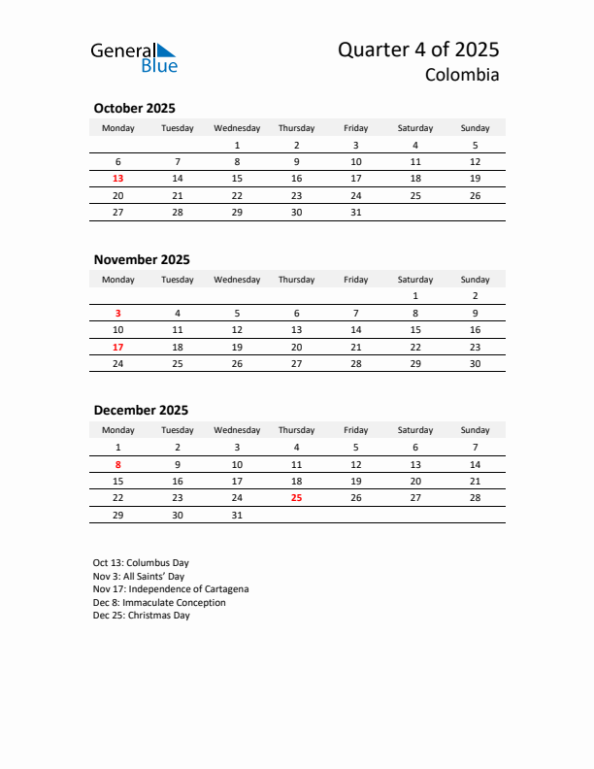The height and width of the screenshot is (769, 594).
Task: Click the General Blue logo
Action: [x=134, y=56]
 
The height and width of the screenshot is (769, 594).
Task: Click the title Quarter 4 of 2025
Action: [x=418, y=50]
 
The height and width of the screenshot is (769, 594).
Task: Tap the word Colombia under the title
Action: [x=462, y=75]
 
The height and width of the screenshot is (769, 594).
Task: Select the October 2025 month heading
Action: [x=134, y=109]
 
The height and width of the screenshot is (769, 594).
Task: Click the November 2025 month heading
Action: [x=142, y=259]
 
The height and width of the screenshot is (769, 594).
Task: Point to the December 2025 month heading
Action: [x=141, y=410]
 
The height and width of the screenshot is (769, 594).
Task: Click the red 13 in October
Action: [x=118, y=179]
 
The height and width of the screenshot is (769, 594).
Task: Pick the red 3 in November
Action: [x=118, y=314]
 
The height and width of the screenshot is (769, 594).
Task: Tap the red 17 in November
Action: [x=118, y=347]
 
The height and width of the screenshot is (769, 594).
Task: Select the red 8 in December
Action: [x=118, y=464]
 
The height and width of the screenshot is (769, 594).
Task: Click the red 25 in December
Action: [x=296, y=497]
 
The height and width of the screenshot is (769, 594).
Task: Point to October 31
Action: [x=356, y=212]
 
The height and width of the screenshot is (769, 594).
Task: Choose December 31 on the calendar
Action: [x=237, y=515]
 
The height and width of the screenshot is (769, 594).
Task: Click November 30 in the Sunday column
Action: [x=475, y=363]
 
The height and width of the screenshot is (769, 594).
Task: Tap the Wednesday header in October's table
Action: [x=237, y=128]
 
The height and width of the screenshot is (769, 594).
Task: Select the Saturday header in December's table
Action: [x=415, y=430]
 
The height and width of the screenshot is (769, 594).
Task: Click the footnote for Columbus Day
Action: [x=141, y=563]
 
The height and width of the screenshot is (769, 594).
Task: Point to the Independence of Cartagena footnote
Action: [x=171, y=589]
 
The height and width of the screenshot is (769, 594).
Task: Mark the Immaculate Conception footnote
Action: [x=159, y=603]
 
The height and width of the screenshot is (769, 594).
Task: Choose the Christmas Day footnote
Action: [x=142, y=616]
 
